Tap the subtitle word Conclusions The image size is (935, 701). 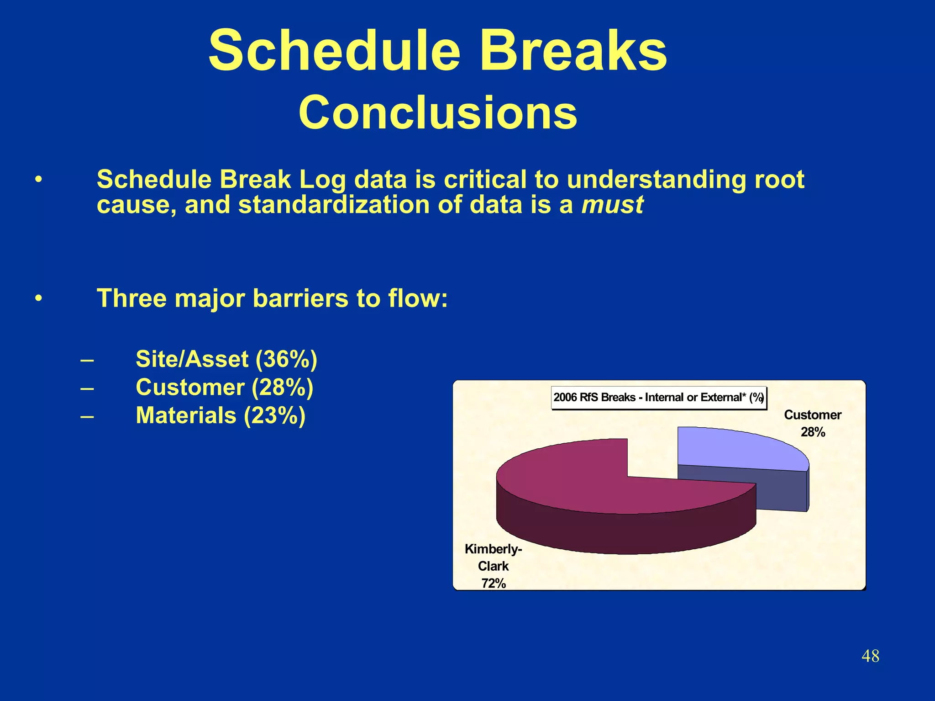point(438,113)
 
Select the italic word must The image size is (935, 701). point(612,204)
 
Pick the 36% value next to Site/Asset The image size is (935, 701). point(286,359)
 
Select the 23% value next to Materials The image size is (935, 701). point(274,416)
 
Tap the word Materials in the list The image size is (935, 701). point(186,416)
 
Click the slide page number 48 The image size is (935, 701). point(870,656)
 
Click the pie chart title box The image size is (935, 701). point(658,398)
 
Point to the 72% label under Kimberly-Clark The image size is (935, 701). point(494,584)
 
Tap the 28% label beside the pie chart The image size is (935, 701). point(813,432)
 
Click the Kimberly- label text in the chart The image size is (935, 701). point(493,549)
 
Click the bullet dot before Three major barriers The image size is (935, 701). point(39,299)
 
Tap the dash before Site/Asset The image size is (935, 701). point(87,360)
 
